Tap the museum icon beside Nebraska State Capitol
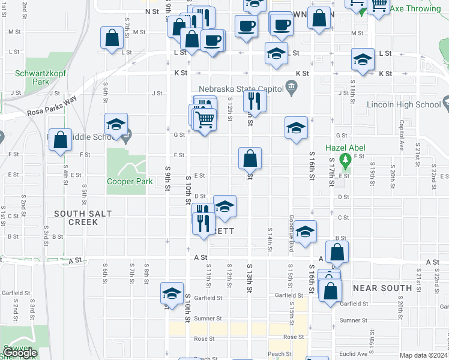[x=291, y=89]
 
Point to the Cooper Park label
[x=125, y=181]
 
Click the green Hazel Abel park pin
[x=345, y=160]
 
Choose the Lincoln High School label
[x=411, y=104]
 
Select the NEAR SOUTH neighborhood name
[x=382, y=288]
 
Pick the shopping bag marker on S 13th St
[x=250, y=158]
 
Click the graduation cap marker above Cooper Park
[x=116, y=125]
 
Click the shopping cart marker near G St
[x=204, y=120]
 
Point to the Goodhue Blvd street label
[x=290, y=229]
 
